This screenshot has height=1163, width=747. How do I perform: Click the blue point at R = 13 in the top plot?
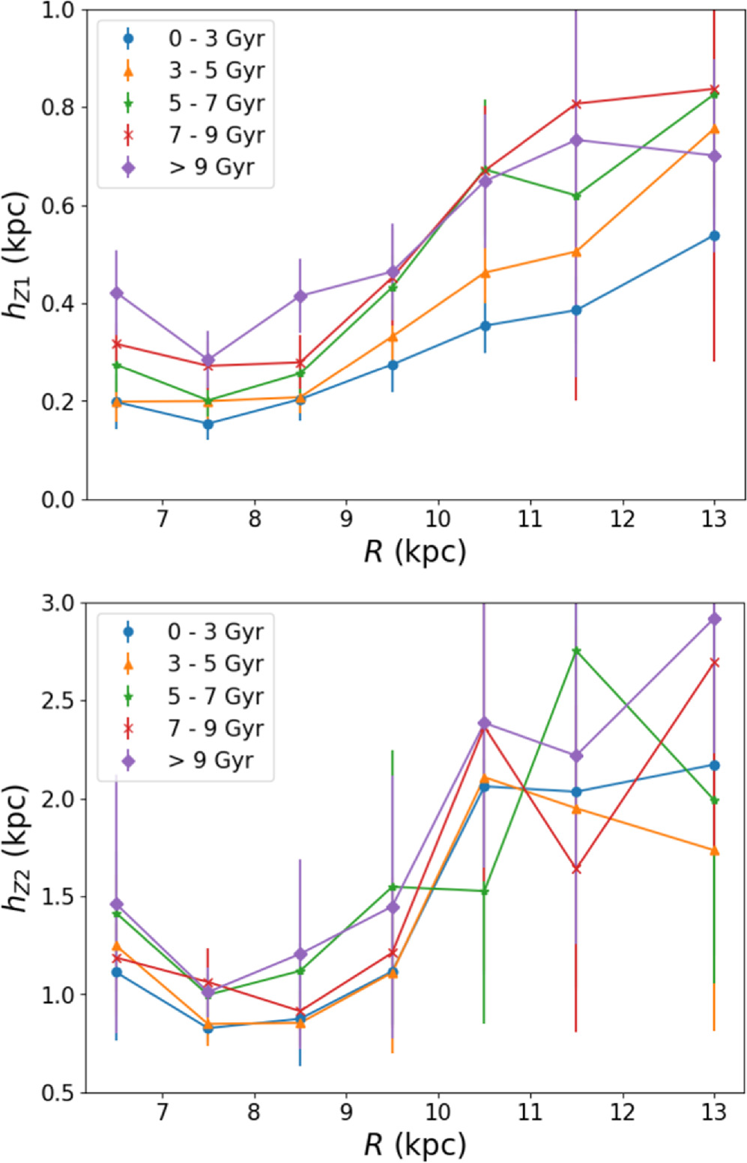click(714, 236)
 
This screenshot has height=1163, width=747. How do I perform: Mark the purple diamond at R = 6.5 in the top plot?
click(116, 293)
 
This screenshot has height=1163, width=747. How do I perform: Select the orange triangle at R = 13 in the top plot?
click(714, 129)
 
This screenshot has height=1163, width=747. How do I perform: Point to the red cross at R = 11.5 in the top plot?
click(576, 103)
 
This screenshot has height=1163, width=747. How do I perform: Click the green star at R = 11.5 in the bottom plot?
click(576, 651)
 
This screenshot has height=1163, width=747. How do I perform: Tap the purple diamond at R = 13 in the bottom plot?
click(714, 619)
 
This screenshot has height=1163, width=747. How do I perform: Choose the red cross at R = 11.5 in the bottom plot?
click(576, 869)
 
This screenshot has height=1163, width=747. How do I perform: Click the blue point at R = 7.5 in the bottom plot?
click(208, 1028)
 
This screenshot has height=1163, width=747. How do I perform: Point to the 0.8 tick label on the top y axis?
click(58, 107)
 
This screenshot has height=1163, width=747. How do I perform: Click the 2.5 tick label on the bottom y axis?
click(58, 701)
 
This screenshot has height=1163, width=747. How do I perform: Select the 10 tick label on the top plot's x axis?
click(438, 518)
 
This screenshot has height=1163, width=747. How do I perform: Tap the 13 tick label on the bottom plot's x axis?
click(714, 1112)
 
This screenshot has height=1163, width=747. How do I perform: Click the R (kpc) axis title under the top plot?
click(414, 553)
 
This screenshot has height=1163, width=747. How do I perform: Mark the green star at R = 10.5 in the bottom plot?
click(484, 891)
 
